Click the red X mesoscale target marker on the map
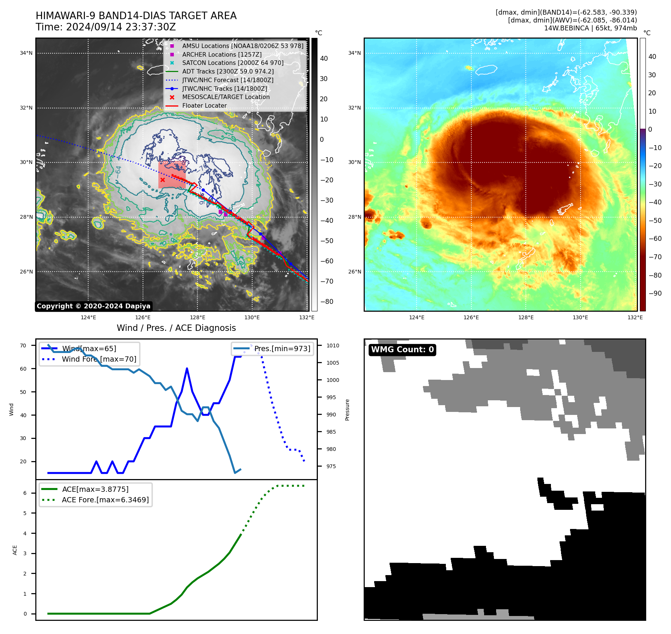[x=162, y=180]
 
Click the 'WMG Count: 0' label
[x=402, y=350]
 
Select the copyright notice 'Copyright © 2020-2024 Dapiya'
[x=93, y=306]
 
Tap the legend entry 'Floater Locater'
[x=204, y=106]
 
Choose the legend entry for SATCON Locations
[x=233, y=63]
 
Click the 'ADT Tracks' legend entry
[x=228, y=71]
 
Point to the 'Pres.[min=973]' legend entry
[x=282, y=349]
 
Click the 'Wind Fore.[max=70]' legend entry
[x=99, y=359]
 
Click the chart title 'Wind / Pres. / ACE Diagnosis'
[x=176, y=328]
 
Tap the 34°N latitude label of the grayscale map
[x=26, y=53]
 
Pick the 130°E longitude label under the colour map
[x=580, y=317]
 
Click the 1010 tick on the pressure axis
[x=332, y=346]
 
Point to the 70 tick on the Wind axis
[x=23, y=346]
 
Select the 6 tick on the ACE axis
[x=25, y=493]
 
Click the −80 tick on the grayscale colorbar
[x=326, y=302]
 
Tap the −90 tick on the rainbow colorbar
[x=655, y=293]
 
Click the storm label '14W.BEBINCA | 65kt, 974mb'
[x=590, y=28]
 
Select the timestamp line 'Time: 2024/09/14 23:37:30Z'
[x=106, y=27]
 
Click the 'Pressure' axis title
[x=347, y=410]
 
